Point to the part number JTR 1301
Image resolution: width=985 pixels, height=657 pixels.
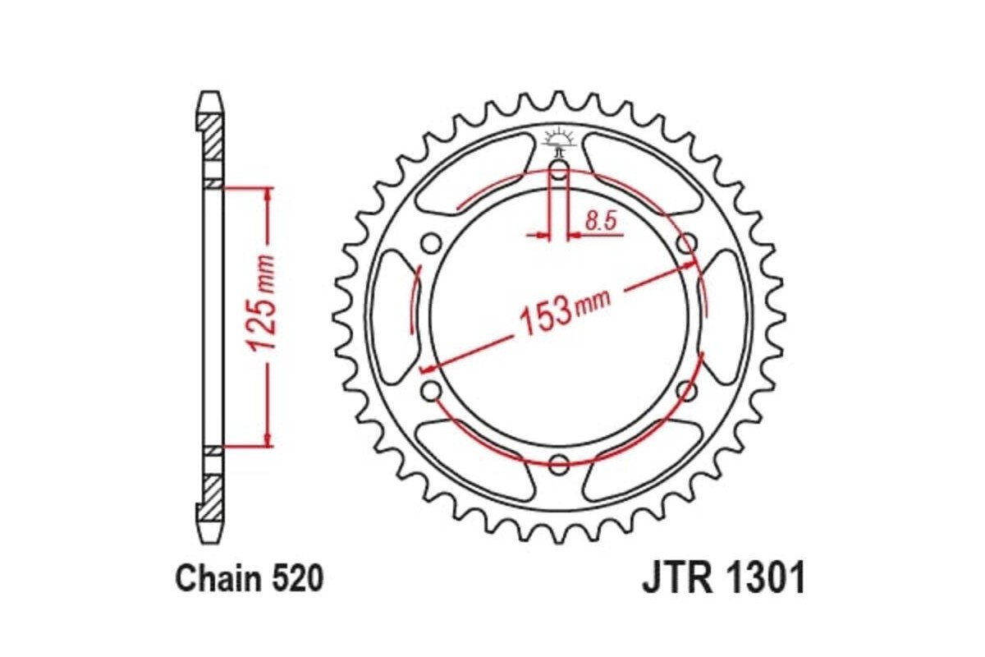click(x=722, y=580)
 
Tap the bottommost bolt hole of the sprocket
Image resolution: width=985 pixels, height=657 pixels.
click(x=559, y=462)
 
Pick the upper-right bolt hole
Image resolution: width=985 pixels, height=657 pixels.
click(x=685, y=244)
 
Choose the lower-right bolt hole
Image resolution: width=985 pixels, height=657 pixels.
click(x=685, y=389)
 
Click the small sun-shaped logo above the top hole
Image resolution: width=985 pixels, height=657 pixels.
click(x=559, y=136)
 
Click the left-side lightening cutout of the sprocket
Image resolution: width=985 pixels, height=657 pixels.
click(x=392, y=317)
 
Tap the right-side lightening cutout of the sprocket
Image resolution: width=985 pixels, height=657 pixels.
click(x=726, y=317)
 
